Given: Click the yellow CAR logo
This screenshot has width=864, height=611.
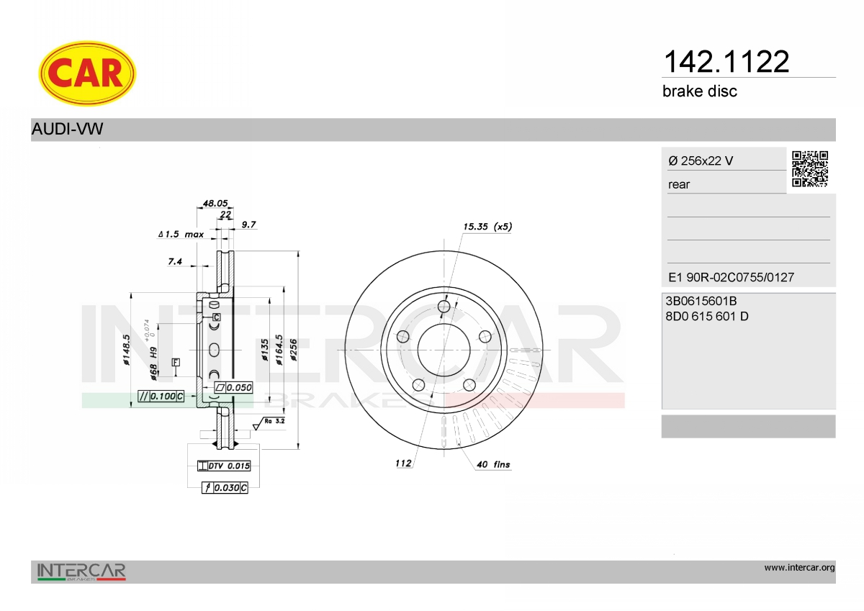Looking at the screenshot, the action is tap(87, 73).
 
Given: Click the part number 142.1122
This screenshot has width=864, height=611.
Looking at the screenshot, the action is tap(726, 62).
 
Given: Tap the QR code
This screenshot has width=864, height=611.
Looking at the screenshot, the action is tap(809, 169).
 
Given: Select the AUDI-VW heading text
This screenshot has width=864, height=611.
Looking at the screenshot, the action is tap(67, 129).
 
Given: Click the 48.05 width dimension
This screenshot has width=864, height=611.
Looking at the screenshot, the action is tap(215, 203).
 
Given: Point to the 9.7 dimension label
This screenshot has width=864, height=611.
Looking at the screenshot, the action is tap(249, 225).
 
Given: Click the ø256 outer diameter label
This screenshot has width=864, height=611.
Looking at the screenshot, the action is tap(294, 350).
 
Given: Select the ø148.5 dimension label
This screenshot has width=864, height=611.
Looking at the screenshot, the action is tap(126, 350).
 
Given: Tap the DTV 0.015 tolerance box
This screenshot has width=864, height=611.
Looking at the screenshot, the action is tap(224, 466).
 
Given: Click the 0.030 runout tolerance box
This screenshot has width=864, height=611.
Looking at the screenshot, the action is tap(225, 488).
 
